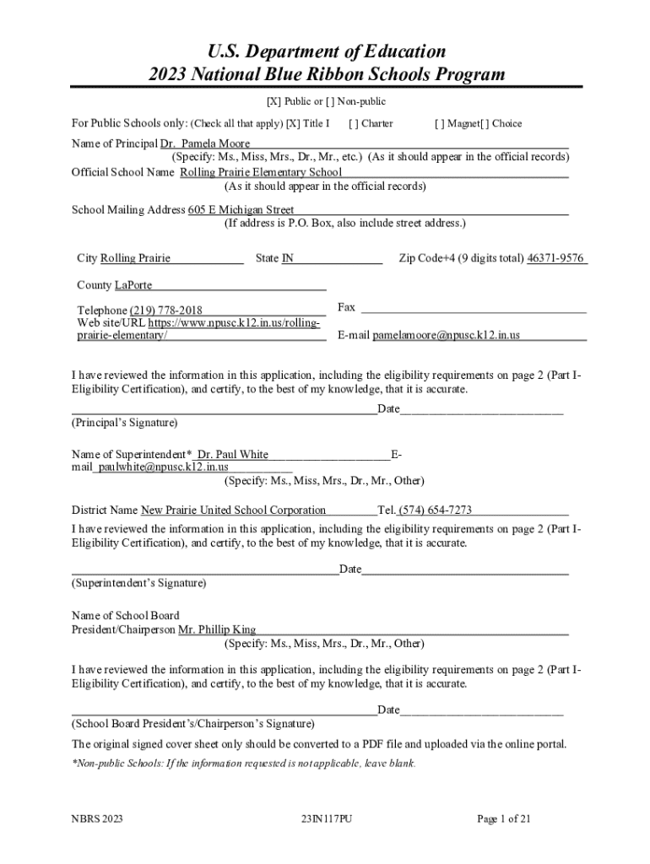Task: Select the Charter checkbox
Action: (x=354, y=123)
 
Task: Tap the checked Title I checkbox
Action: (x=293, y=123)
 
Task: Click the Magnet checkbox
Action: (x=441, y=123)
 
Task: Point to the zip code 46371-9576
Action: (x=555, y=258)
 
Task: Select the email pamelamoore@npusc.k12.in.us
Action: (x=447, y=335)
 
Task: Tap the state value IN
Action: (x=288, y=258)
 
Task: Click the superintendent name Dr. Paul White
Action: (x=233, y=455)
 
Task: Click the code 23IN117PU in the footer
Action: (x=325, y=818)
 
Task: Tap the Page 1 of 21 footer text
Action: (x=504, y=818)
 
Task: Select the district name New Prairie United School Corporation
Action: (x=233, y=510)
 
